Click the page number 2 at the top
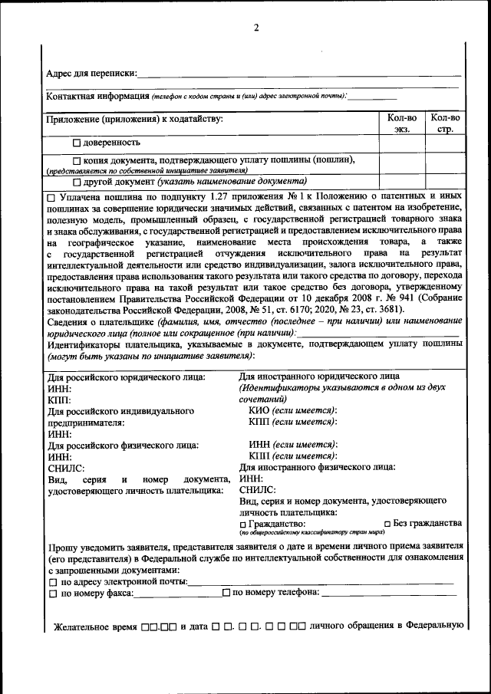(257, 28)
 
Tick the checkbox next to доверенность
(77, 143)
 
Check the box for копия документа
(77, 160)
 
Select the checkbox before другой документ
(77, 183)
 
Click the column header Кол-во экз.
(402, 123)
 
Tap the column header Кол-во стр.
(446, 123)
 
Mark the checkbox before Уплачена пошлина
(51, 198)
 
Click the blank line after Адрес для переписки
(299, 74)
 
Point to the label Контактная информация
(97, 96)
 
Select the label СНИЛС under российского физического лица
(65, 466)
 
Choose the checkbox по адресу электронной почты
(52, 583)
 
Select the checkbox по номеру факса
(52, 594)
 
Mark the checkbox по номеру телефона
(226, 593)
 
